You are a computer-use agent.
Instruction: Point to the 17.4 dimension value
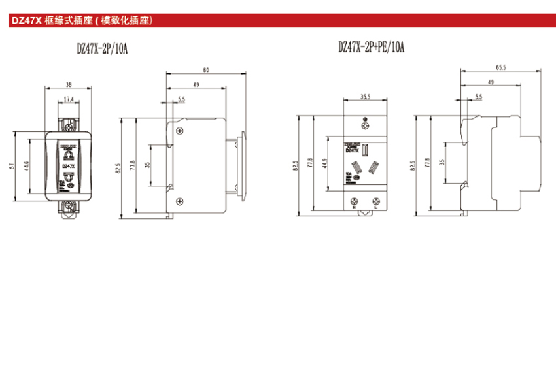pyautogui.click(x=69, y=100)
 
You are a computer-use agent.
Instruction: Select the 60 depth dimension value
pyautogui.click(x=207, y=69)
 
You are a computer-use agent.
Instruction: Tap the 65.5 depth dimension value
pyautogui.click(x=502, y=67)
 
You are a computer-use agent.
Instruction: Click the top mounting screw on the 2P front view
pyautogui.click(x=69, y=120)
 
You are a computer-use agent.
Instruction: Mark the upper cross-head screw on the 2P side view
pyautogui.click(x=178, y=131)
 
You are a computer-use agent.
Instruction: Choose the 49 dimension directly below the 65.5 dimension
pyautogui.click(x=491, y=82)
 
